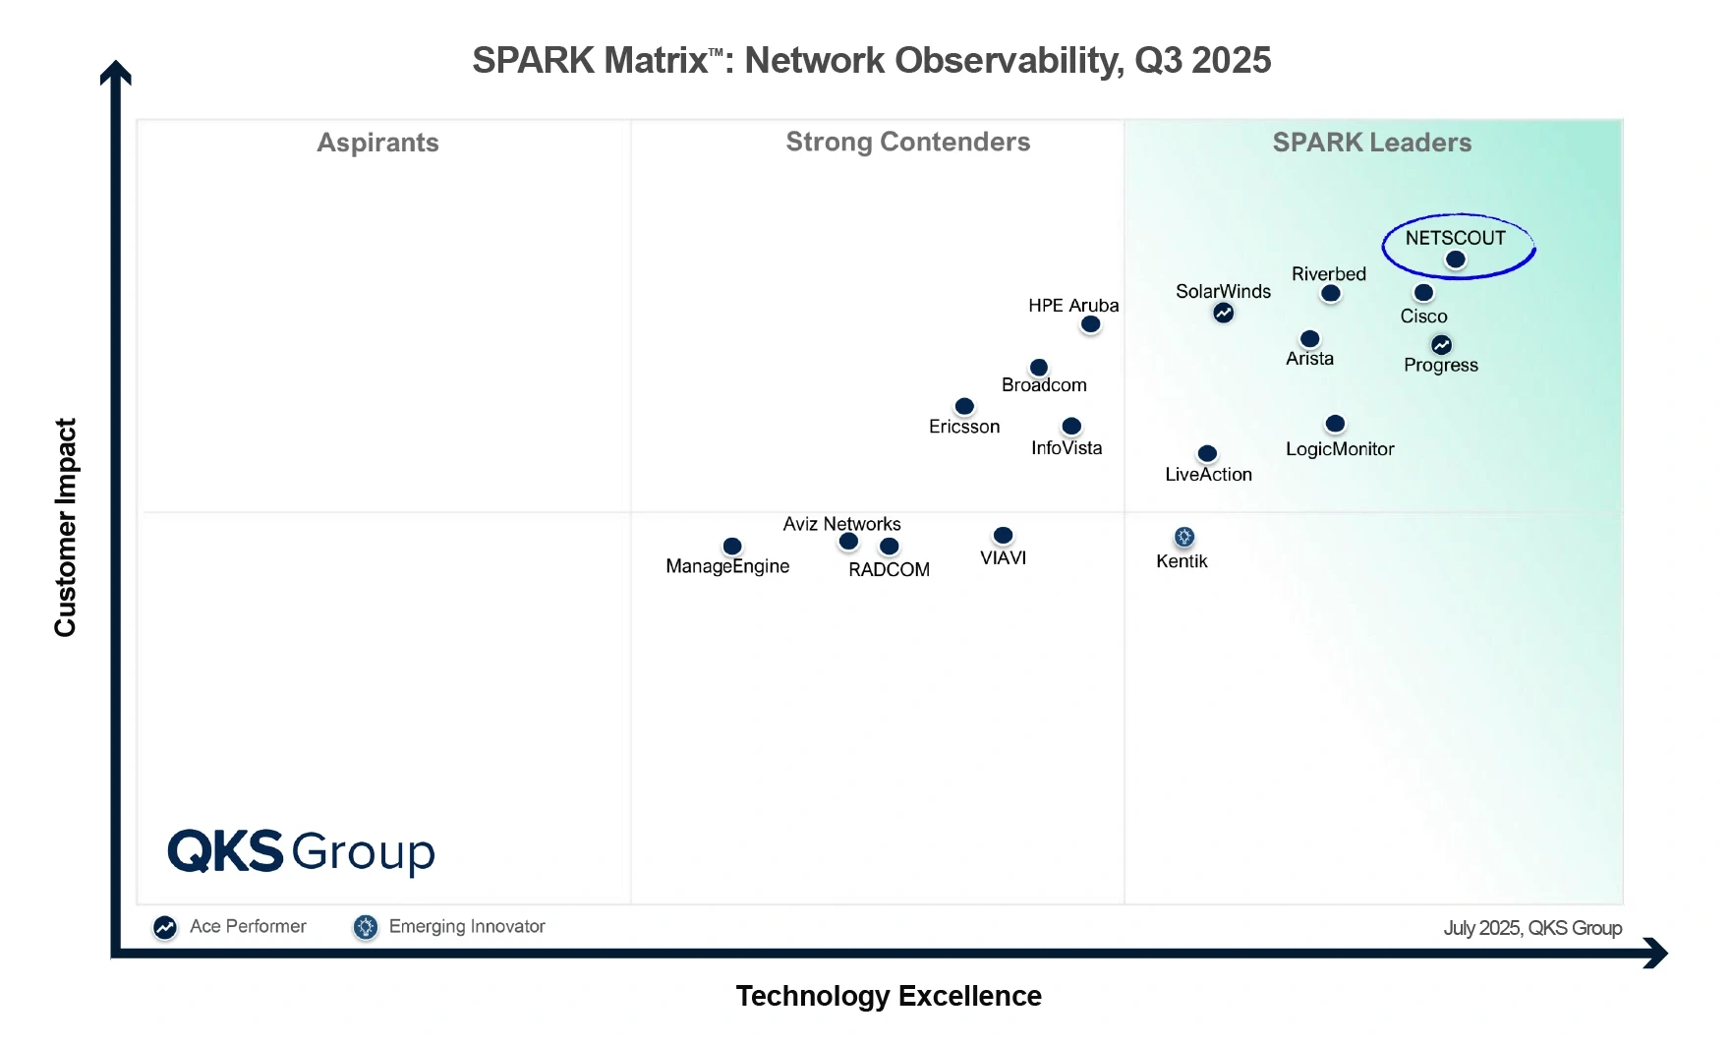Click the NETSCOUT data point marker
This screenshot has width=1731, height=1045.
click(1456, 260)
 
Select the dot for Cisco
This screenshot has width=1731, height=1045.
click(1423, 292)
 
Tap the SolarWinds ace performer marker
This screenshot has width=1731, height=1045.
click(1223, 313)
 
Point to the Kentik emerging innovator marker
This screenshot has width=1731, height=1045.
click(1183, 537)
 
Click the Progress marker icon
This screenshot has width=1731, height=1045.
click(1441, 345)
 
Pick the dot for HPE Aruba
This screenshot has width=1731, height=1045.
click(1090, 323)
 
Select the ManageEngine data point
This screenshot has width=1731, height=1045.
click(732, 546)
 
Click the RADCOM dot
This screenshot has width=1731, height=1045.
click(889, 546)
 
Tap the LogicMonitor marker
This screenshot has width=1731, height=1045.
click(1335, 424)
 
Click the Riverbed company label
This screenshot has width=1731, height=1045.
click(1328, 274)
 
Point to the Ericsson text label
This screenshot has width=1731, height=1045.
click(964, 427)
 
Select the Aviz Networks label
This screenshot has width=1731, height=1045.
click(841, 524)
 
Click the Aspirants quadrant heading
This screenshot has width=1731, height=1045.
click(377, 143)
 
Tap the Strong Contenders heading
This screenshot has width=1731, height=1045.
click(907, 142)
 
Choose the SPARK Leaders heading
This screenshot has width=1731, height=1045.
click(1371, 143)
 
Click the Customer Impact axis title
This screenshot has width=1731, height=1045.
click(65, 527)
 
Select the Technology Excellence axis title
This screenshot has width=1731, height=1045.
click(889, 996)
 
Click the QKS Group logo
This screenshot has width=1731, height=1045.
click(301, 851)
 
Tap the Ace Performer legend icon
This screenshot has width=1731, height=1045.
click(165, 927)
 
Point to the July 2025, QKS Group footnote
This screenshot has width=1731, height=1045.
click(1531, 928)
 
